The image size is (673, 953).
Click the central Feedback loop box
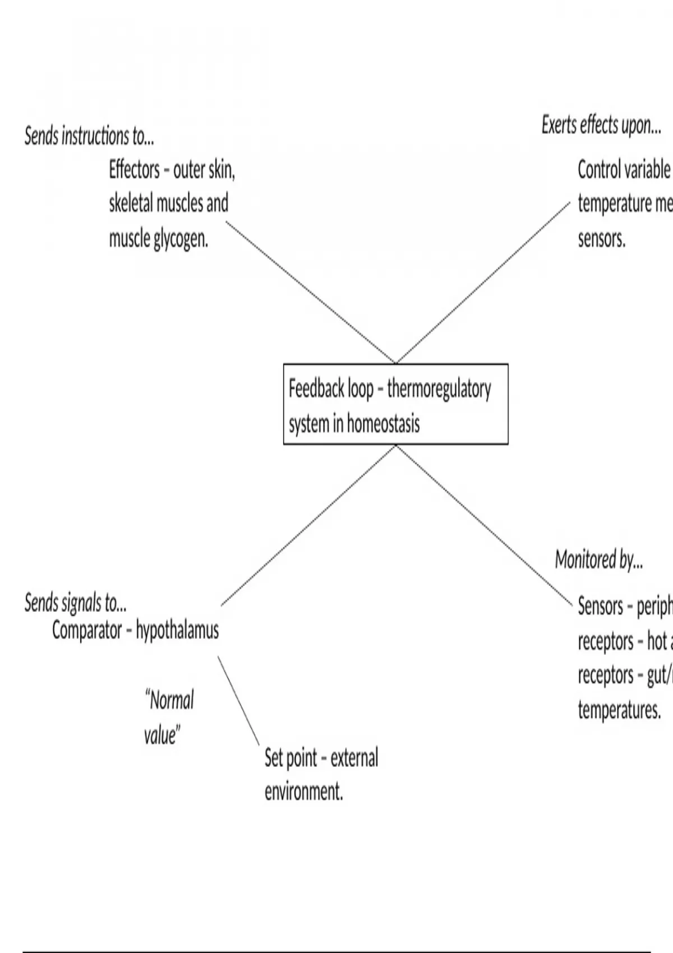tap(395, 404)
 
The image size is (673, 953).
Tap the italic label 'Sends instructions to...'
tap(89, 136)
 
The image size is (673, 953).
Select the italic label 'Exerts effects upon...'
tap(601, 125)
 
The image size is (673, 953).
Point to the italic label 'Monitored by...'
tap(599, 559)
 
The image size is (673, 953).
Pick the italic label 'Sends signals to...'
tap(76, 603)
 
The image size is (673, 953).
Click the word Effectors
tap(135, 169)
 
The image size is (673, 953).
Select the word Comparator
tap(87, 631)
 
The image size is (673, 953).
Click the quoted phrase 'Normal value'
tap(168, 717)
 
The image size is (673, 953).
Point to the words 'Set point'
tap(291, 758)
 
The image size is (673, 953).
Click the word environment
tap(303, 792)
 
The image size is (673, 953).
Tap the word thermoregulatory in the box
tap(439, 388)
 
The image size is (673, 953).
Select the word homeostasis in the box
tap(383, 423)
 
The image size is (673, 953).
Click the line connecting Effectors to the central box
tap(311, 292)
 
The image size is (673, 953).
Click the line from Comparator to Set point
tap(238, 701)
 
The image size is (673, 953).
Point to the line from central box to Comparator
tap(308, 526)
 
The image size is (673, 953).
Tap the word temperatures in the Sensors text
tap(619, 710)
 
